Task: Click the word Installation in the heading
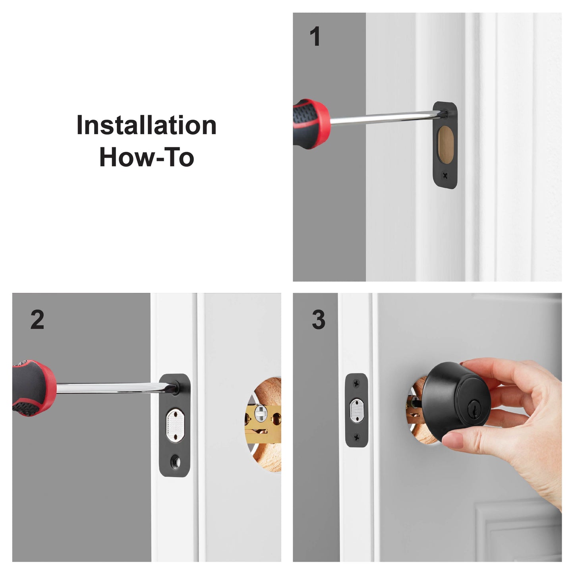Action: pyautogui.click(x=146, y=126)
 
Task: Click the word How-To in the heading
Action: pyautogui.click(x=146, y=157)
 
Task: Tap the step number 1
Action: pyautogui.click(x=315, y=37)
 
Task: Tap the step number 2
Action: pyautogui.click(x=37, y=320)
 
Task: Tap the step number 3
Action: pyautogui.click(x=318, y=320)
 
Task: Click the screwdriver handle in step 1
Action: pyautogui.click(x=310, y=123)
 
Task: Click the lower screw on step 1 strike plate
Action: pyautogui.click(x=445, y=175)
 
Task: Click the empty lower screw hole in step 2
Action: pyautogui.click(x=175, y=462)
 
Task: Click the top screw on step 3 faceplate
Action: pyautogui.click(x=356, y=384)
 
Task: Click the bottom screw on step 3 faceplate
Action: pyautogui.click(x=356, y=437)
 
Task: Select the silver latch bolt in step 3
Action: pyautogui.click(x=356, y=411)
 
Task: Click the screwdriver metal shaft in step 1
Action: pyautogui.click(x=381, y=118)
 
